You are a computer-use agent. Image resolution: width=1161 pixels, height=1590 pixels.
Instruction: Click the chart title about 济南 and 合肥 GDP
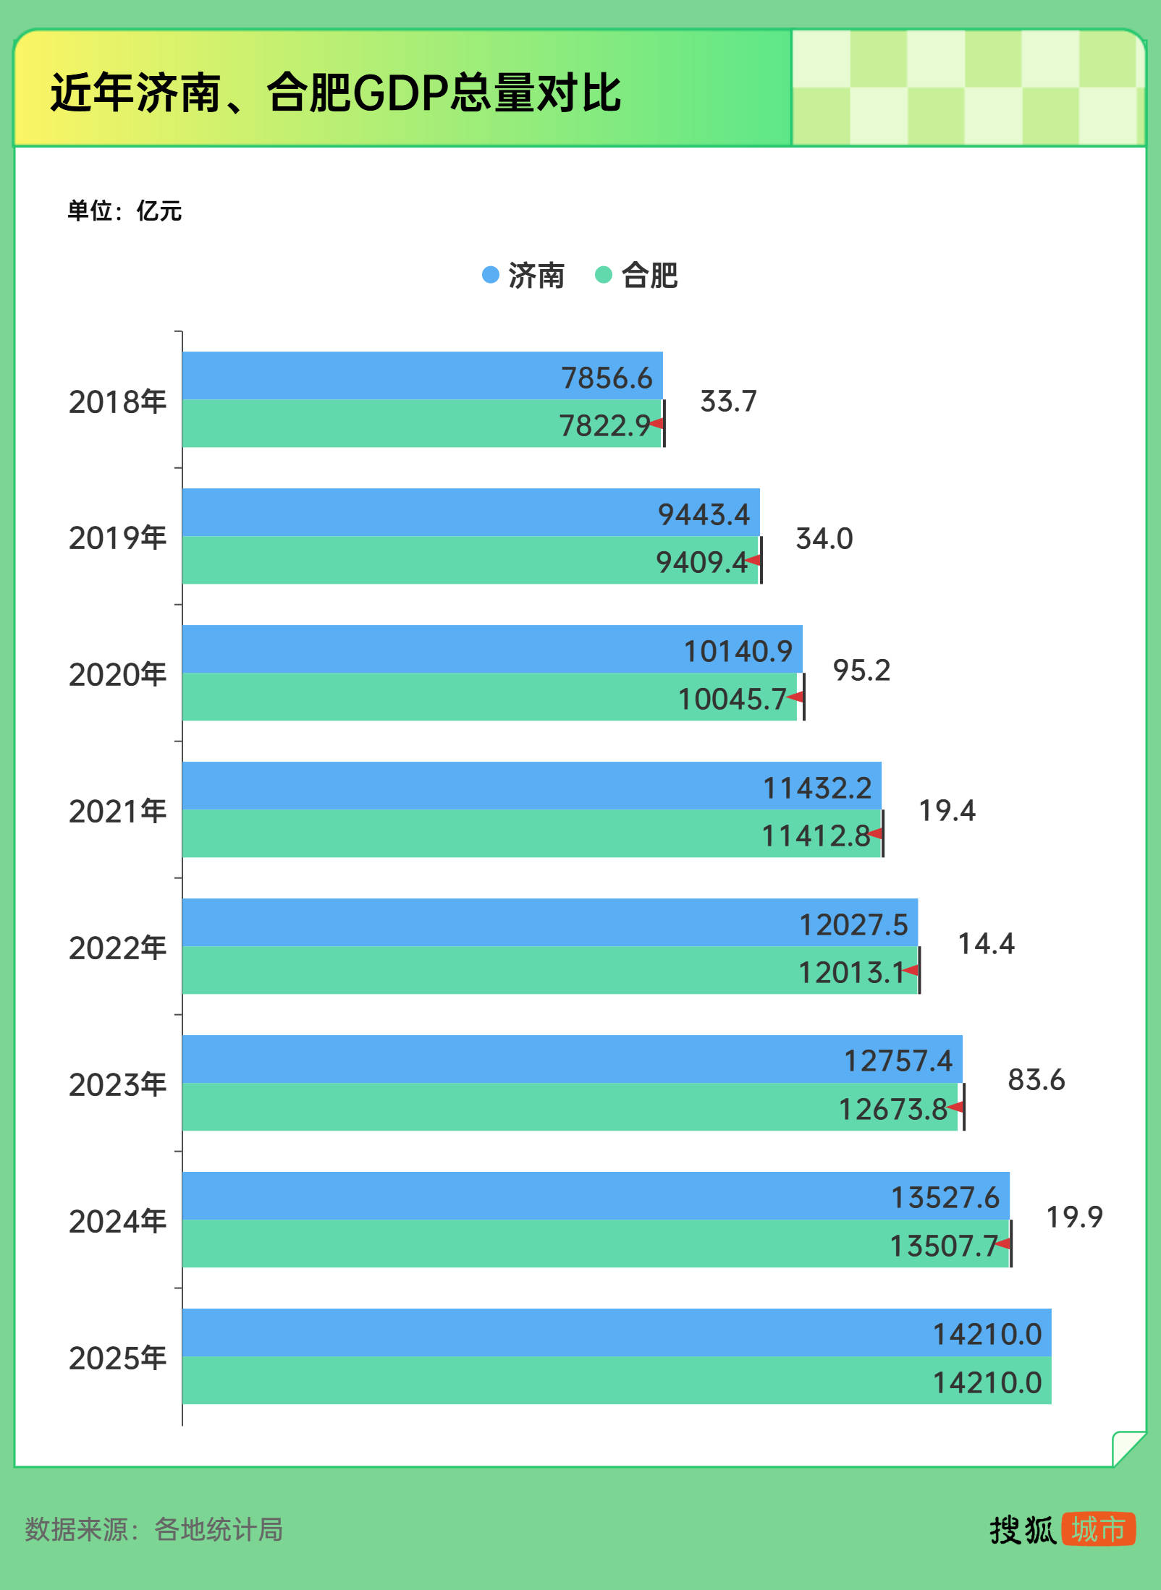pos(336,93)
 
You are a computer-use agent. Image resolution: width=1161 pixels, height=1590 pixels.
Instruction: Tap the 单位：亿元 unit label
pos(124,211)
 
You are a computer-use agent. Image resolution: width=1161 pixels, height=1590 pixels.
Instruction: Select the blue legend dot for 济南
pos(491,275)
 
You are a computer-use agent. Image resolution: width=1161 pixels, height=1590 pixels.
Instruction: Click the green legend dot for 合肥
pos(604,275)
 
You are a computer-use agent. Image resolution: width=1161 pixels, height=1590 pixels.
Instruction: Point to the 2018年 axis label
pos(117,401)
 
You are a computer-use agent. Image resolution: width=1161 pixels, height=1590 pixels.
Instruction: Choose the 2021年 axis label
pos(117,811)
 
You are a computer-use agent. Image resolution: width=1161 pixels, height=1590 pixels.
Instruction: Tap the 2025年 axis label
pos(117,1358)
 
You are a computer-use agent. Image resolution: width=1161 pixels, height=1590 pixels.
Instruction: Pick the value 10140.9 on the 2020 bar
pos(738,651)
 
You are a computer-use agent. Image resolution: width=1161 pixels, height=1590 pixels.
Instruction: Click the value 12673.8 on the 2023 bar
pos(893,1109)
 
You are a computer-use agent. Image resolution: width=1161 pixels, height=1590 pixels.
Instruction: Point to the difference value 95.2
pos(861,671)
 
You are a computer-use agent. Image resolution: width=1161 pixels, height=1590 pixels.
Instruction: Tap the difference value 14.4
pos(986,944)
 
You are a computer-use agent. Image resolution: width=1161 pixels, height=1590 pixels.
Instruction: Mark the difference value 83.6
pos(1036,1080)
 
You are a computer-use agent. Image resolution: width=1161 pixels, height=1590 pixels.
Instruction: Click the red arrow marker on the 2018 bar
pos(657,423)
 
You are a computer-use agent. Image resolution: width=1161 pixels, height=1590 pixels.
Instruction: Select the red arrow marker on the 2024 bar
pos(1003,1243)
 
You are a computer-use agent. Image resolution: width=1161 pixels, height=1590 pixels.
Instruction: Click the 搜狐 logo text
pos(1023,1530)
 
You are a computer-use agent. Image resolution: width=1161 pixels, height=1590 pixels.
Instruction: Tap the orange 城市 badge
pos(1098,1530)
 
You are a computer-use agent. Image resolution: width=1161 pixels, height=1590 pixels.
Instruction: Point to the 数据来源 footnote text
pos(154,1530)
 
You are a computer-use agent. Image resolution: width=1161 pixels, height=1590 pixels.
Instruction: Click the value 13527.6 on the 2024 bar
pos(945,1198)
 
